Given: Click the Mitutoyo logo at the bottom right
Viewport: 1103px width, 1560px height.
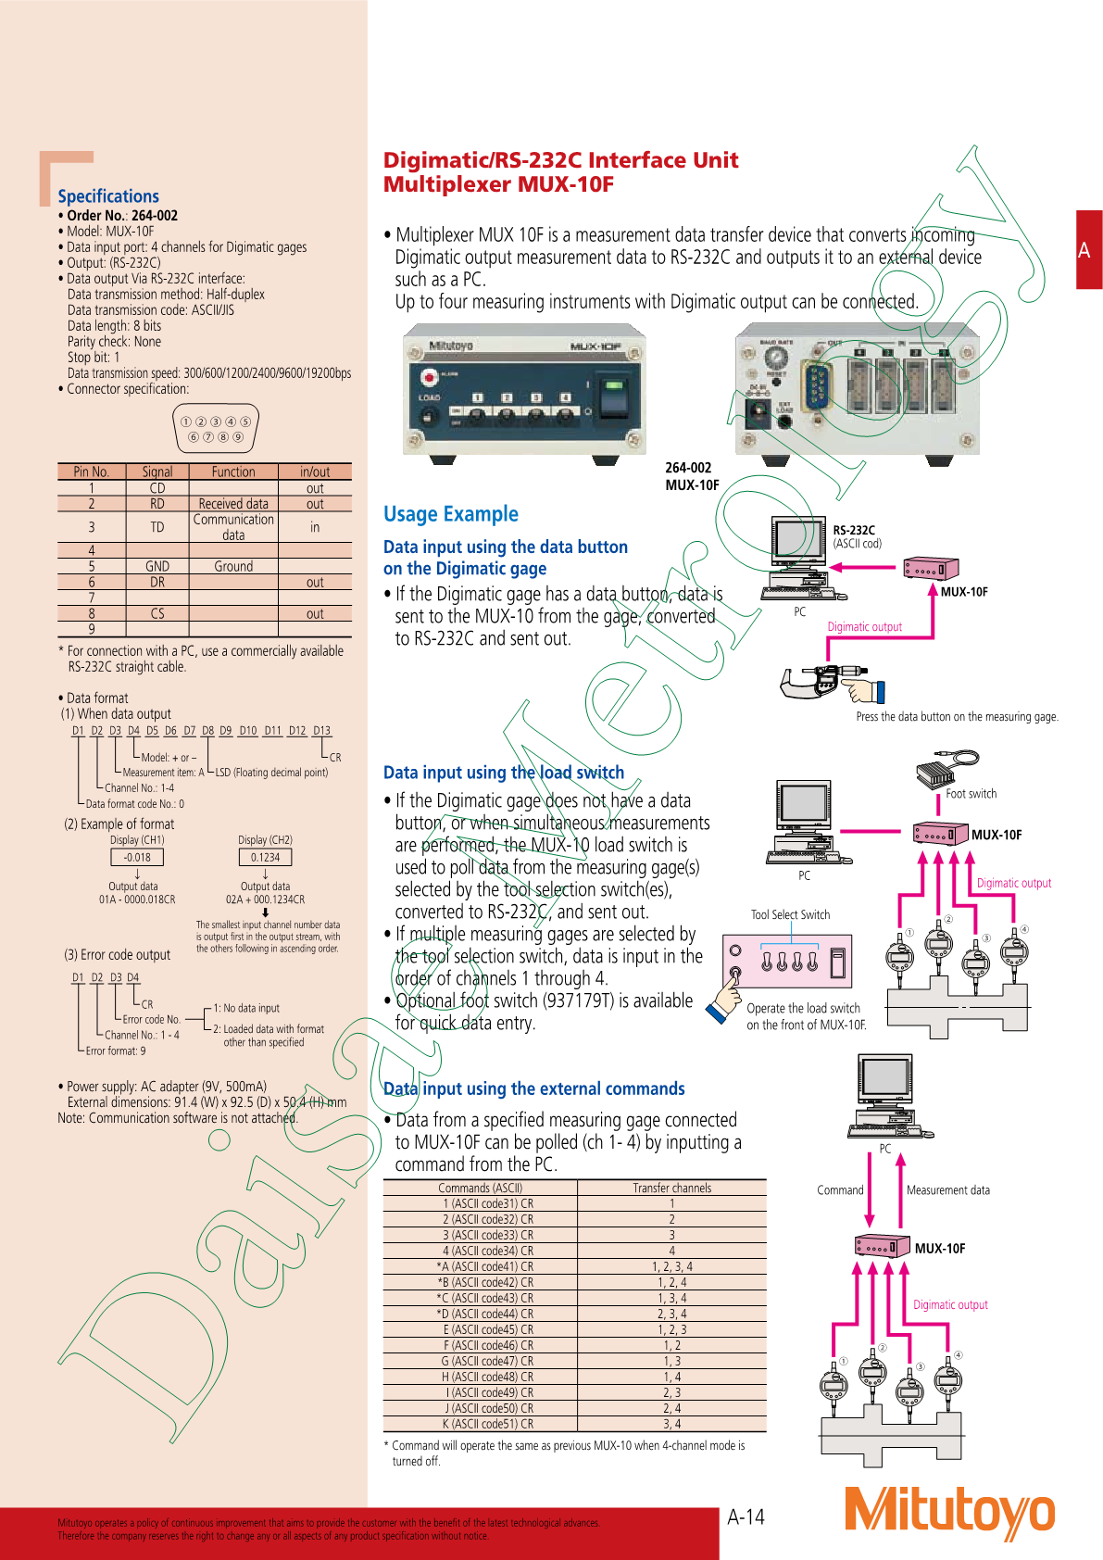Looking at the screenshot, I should [949, 1510].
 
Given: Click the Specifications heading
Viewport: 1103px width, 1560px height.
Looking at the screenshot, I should [108, 196].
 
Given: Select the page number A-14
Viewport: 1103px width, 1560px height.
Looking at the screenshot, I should [746, 1516].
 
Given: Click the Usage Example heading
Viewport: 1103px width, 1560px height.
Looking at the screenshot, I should [451, 514].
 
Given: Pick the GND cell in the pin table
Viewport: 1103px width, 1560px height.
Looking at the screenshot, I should [157, 566].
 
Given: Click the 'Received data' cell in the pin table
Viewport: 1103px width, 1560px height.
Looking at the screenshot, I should [233, 504].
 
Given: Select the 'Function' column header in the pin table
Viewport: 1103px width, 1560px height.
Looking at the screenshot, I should [233, 472].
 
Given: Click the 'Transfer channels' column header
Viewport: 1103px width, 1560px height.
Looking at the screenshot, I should [672, 1188].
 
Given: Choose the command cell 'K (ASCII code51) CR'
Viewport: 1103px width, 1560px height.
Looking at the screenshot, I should [487, 1424].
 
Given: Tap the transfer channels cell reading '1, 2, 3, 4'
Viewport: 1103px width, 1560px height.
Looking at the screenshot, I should [672, 1266].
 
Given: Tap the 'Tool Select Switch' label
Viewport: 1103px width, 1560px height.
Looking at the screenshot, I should [790, 914].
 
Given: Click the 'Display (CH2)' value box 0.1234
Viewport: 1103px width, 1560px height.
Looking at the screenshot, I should [265, 858].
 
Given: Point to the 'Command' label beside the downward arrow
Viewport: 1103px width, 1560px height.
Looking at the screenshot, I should [840, 1190].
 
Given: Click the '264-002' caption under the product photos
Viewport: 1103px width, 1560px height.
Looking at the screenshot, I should [688, 468].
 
